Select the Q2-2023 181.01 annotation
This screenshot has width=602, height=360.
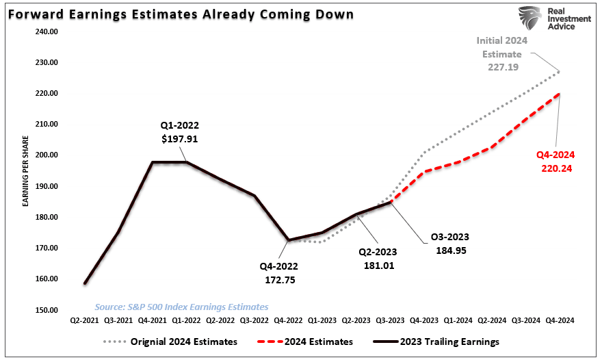(378, 259)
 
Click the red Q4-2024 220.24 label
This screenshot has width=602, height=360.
(555, 161)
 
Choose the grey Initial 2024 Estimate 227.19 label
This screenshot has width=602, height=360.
(503, 54)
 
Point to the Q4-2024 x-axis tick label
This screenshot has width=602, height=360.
(560, 320)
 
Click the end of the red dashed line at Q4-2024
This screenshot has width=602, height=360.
(560, 94)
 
